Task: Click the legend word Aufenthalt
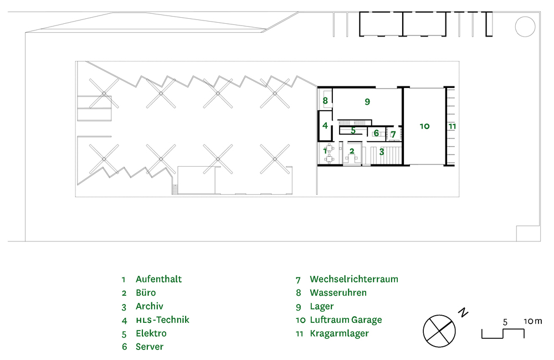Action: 158,279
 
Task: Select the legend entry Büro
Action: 146,293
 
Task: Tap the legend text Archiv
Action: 149,306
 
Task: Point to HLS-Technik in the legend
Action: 162,320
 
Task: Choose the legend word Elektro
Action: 151,333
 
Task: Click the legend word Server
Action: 150,347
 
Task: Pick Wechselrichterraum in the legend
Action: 354,279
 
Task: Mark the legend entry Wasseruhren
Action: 338,293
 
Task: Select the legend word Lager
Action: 322,306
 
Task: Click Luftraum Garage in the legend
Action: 346,320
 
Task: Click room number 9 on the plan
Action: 367,102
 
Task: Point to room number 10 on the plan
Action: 424,126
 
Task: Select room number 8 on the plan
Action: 325,101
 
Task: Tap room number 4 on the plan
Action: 325,125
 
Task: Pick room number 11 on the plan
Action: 452,126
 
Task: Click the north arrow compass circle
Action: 439,330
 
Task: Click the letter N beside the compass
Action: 463,313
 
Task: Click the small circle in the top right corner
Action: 523,25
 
